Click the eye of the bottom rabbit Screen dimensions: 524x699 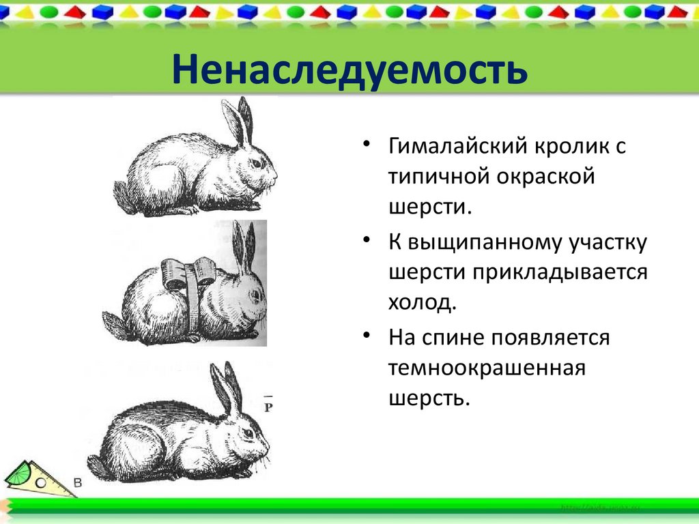click(x=248, y=433)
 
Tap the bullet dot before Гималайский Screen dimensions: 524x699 click(x=367, y=145)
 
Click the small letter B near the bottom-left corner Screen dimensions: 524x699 click(x=77, y=483)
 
